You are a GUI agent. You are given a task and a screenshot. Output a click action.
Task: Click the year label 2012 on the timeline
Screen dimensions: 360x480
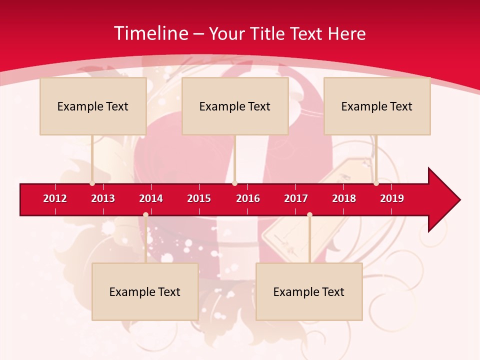click(55, 198)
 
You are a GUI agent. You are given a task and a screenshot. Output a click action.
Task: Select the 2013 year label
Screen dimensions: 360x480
click(103, 198)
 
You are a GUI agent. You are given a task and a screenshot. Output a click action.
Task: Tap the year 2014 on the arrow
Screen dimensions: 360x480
click(151, 198)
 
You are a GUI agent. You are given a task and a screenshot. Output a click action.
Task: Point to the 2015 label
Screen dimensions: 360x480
click(199, 198)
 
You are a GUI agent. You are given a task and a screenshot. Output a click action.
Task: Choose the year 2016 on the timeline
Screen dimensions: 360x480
click(248, 198)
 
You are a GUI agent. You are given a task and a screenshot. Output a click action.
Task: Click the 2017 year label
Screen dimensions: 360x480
click(296, 198)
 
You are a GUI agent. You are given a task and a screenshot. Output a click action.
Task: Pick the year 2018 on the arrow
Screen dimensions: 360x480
click(344, 198)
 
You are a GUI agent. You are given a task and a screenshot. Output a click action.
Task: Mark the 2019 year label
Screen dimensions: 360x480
click(392, 198)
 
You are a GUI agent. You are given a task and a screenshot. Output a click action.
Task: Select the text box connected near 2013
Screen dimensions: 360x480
click(93, 106)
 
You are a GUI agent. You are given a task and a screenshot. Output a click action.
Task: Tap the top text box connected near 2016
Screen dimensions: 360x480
click(235, 106)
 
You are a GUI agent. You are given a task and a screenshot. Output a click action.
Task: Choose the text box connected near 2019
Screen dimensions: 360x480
click(377, 106)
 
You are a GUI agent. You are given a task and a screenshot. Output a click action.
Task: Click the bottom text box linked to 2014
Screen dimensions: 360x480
click(145, 291)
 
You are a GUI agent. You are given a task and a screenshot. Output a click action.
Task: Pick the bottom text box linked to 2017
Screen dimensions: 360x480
click(309, 291)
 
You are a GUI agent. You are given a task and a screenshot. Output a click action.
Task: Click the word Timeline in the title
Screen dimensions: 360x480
click(150, 33)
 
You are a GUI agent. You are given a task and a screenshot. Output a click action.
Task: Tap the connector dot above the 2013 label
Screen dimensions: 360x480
click(92, 183)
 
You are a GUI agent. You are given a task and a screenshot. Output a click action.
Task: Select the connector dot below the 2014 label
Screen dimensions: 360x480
click(145, 215)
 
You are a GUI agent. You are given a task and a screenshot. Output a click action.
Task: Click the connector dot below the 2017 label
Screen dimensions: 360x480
click(309, 215)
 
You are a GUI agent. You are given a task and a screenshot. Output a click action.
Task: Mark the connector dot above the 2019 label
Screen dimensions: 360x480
click(376, 183)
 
